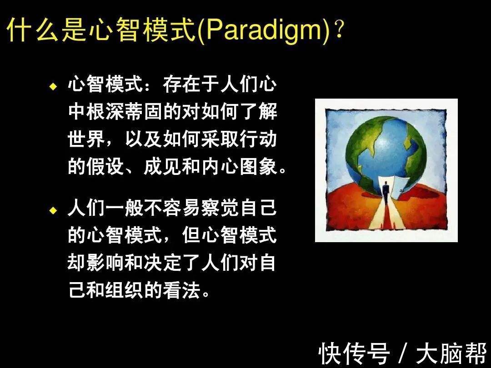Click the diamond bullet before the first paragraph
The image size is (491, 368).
coord(54,86)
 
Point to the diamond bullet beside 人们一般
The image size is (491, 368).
coord(54,210)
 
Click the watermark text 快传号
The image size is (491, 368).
coord(354,353)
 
